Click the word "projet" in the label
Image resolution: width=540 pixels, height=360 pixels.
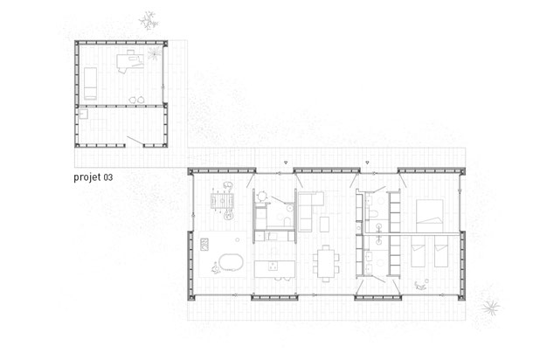coord(87,177)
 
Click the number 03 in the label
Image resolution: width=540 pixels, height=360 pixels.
coord(108,177)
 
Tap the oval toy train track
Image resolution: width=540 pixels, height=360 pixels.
coord(231,262)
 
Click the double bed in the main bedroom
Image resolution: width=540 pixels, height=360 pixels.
coord(429,216)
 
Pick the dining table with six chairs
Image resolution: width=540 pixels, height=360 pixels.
coord(326,263)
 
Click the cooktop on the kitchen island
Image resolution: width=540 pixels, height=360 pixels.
coord(274,266)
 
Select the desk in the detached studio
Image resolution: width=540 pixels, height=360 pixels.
coord(130,61)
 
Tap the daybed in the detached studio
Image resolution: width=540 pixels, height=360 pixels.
coord(90,83)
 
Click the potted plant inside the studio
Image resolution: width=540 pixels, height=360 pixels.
coord(155,53)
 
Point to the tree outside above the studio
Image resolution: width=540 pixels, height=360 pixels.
coord(149,21)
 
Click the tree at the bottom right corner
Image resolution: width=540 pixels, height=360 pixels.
coord(490,306)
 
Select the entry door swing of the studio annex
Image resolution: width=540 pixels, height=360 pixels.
coord(135,141)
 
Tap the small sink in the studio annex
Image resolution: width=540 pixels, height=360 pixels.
coord(83,114)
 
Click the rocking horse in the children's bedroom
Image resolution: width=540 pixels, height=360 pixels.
coord(420,285)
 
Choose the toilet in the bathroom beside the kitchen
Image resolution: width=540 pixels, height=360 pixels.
coord(287,221)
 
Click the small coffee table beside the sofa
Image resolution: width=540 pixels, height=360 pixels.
coord(324,225)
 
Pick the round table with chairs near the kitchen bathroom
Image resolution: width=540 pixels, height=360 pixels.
coord(262,197)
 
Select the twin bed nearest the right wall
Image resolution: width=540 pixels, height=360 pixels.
coord(441,251)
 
